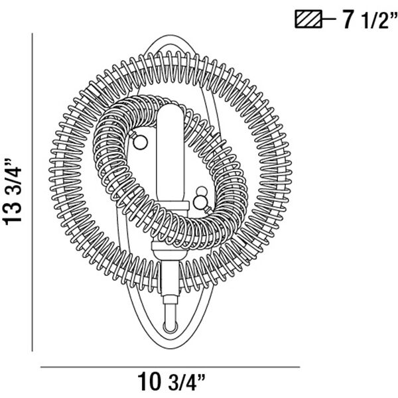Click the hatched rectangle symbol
point(308,19)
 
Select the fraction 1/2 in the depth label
point(373,21)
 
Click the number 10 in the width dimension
point(149,382)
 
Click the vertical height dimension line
point(33,192)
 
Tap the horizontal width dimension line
point(170,367)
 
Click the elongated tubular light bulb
point(170,153)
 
